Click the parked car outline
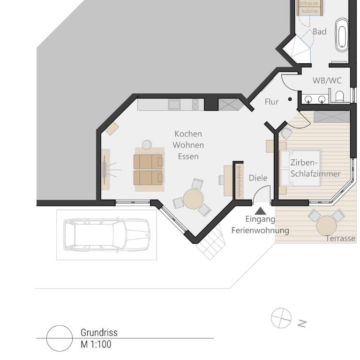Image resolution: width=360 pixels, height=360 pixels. [107, 235]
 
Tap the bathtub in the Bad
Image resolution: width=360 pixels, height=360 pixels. [342, 35]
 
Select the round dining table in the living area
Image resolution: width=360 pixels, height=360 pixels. [193, 199]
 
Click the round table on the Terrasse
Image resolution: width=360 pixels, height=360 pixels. [326, 225]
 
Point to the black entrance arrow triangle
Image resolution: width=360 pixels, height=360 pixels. [260, 211]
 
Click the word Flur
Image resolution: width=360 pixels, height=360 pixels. [271, 102]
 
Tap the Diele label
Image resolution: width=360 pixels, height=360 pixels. [258, 178]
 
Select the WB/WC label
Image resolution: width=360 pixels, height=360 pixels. [327, 81]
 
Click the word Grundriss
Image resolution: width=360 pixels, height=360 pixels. [99, 332]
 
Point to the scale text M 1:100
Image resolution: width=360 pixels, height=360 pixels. [96, 344]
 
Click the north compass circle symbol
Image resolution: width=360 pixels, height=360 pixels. [281, 318]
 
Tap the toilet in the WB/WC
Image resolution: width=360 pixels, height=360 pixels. [339, 96]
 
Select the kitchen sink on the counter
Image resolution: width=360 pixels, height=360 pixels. [174, 105]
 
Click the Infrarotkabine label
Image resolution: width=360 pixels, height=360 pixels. [310, 7]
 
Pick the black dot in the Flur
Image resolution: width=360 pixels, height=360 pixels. [290, 99]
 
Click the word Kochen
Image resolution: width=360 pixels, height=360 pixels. [188, 134]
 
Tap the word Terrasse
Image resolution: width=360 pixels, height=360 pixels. [340, 239]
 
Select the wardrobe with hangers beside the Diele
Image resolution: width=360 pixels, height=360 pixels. [239, 180]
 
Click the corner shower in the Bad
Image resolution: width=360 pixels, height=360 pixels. [297, 49]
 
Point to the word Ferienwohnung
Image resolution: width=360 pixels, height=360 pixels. [260, 230]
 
